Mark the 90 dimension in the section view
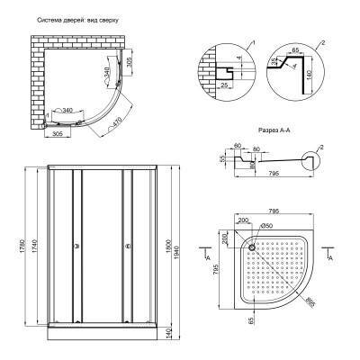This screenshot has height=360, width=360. click(x=253, y=165)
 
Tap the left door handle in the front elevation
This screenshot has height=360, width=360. click(x=77, y=245)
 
